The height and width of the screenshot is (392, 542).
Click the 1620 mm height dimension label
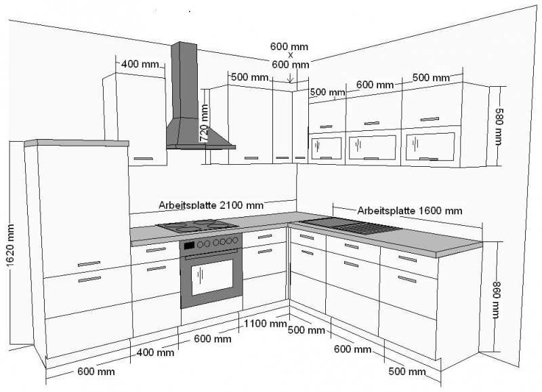10,246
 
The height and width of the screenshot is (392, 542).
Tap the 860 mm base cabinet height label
496,300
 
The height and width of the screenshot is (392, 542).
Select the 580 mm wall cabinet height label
499,127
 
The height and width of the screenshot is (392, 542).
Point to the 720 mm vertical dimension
205,123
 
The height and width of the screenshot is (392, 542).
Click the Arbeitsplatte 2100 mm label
211,205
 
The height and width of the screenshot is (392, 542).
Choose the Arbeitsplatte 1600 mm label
410,210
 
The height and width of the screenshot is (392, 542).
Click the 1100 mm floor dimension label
266,324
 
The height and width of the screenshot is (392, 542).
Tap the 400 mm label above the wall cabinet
140,64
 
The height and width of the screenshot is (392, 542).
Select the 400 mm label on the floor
155,353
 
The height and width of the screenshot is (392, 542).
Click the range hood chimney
184,81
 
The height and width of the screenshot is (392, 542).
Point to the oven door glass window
212,277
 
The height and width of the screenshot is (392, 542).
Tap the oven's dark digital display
189,246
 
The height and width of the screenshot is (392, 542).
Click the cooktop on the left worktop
197,226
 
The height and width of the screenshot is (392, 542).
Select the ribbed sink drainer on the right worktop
366,228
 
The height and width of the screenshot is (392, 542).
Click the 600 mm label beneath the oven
213,338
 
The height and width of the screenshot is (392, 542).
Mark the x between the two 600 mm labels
291,55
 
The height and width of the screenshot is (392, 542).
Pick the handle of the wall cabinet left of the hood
143,159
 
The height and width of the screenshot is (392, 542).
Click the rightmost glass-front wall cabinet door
430,146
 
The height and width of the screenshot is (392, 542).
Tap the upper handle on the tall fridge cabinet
89,264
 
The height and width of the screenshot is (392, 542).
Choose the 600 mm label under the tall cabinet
96,372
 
